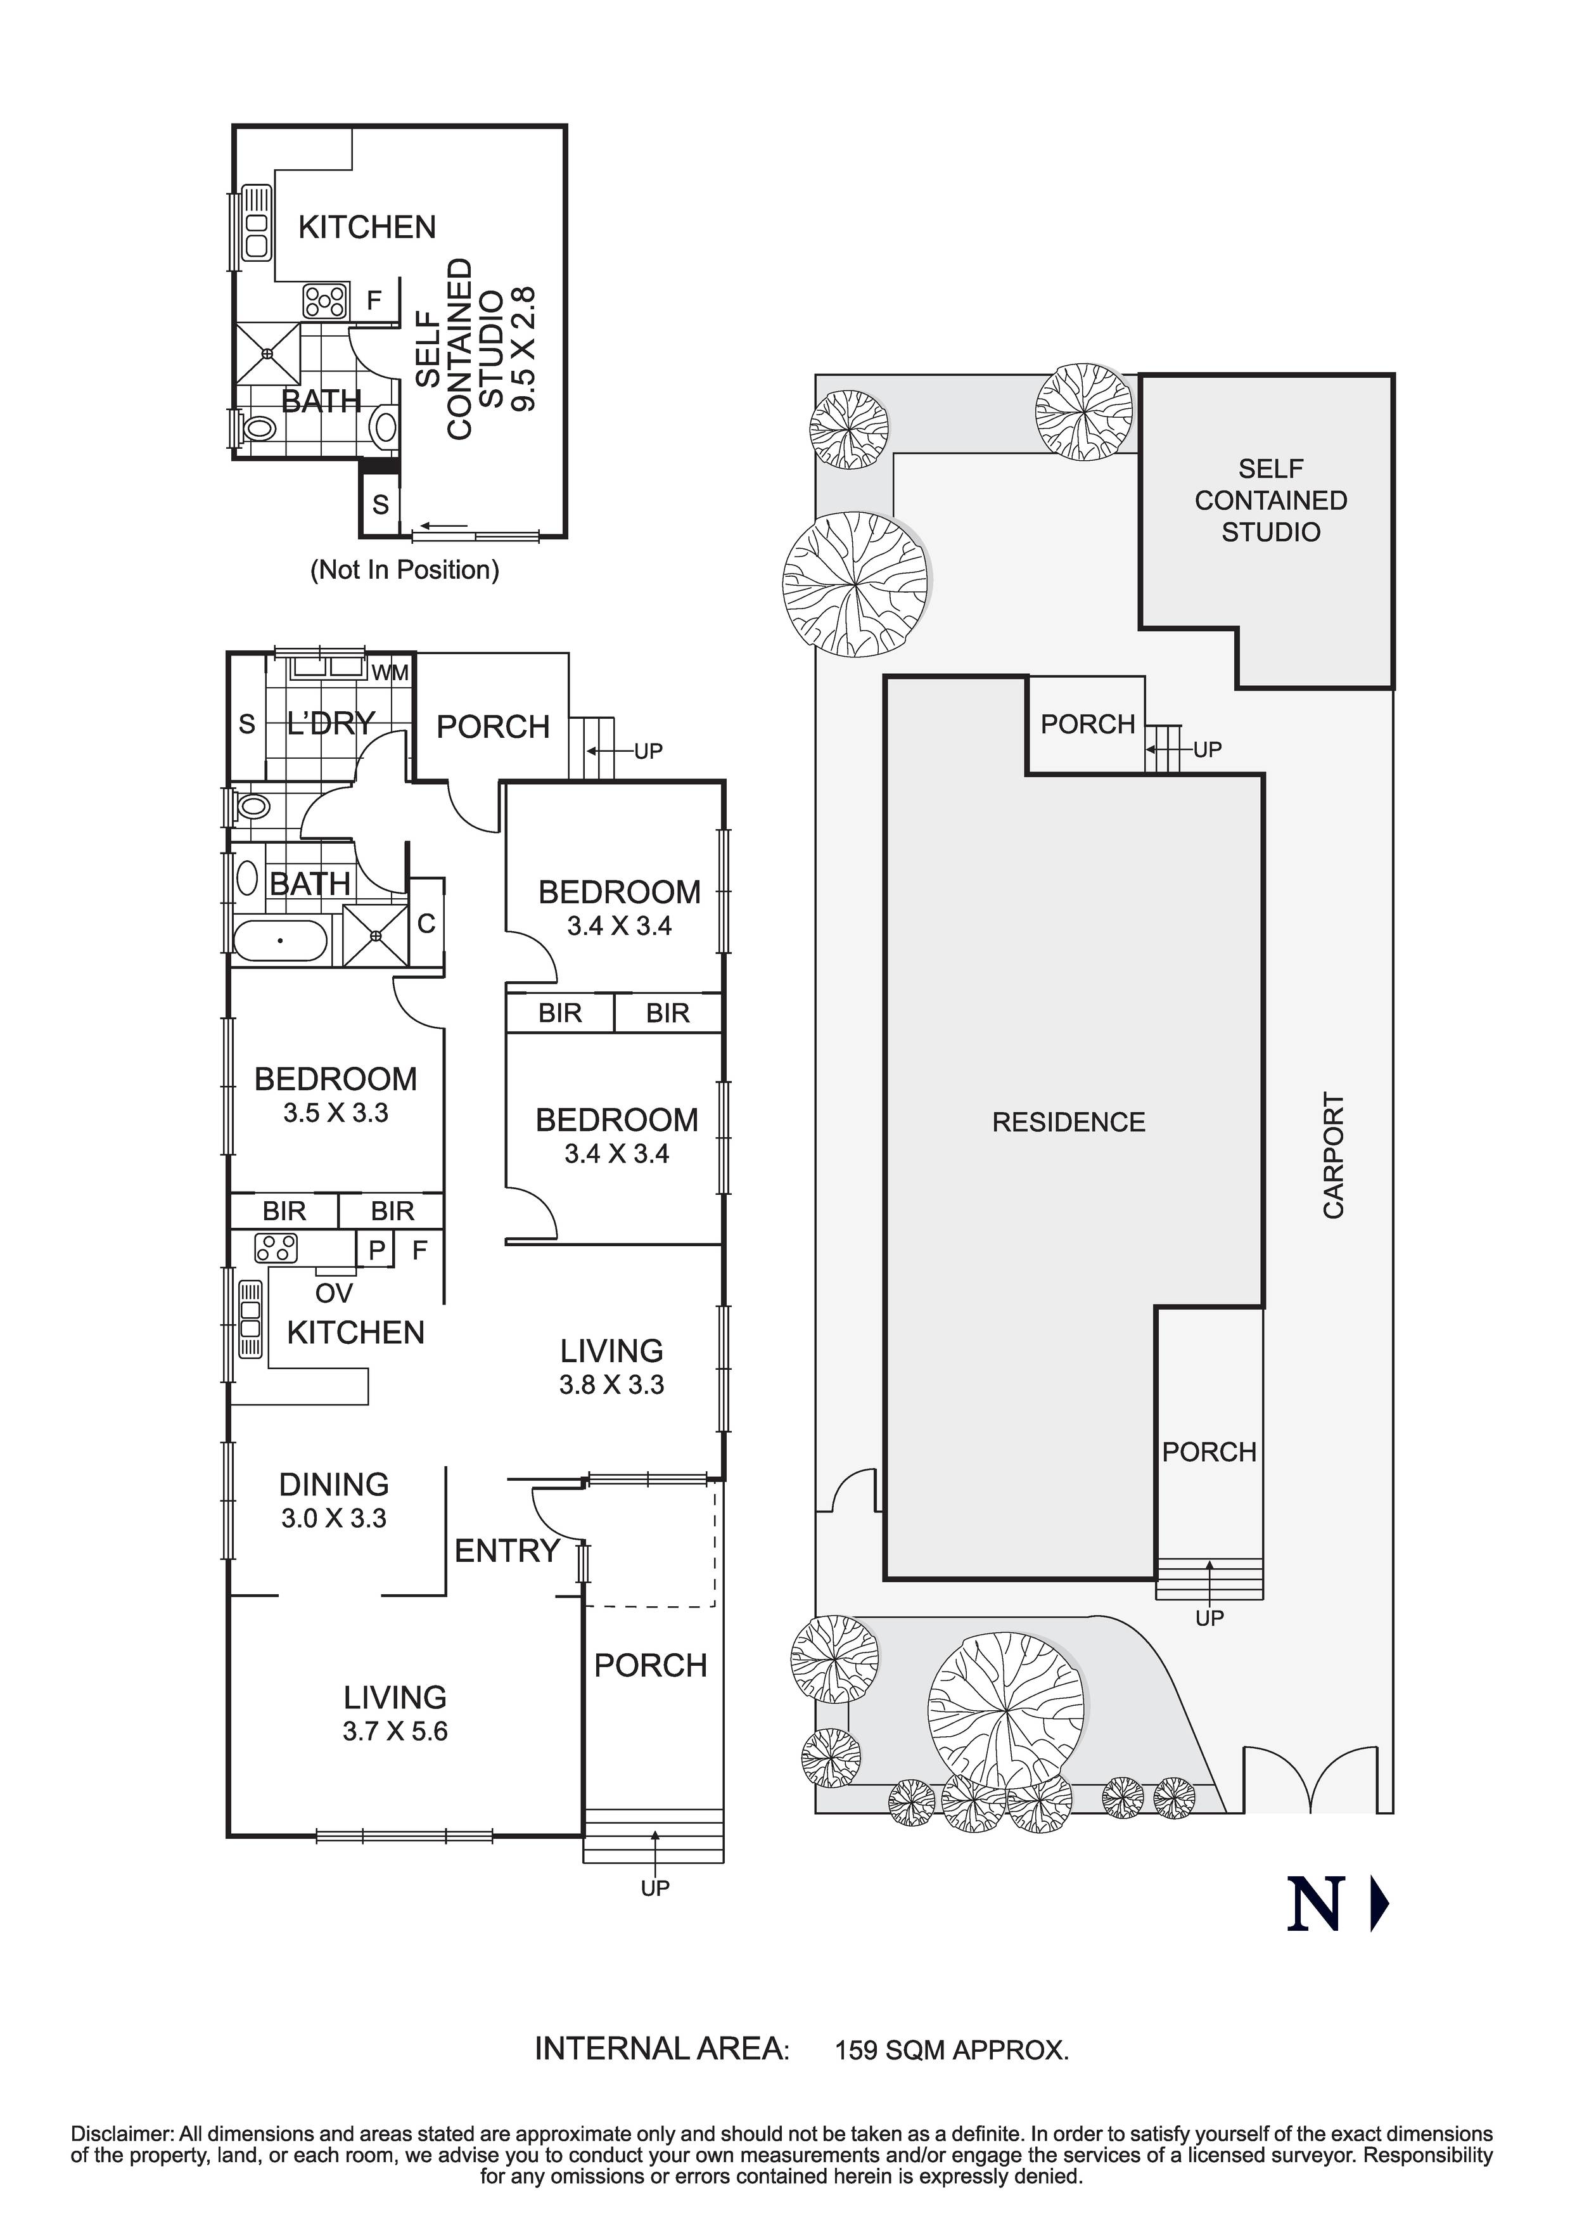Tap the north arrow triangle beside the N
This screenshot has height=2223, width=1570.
coord(1381,1904)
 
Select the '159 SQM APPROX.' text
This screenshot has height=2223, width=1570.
coord(952,2050)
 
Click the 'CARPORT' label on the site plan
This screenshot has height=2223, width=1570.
coord(1334,1156)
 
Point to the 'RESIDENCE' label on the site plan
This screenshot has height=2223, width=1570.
coord(1069,1122)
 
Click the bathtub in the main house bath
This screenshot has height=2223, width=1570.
coord(281,940)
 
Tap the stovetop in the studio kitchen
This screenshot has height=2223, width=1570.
coord(325,301)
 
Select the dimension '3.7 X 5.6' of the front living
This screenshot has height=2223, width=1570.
coord(395,1731)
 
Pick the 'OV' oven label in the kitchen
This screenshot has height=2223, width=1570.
coord(334,1292)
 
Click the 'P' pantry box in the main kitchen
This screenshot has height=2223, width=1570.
coord(376,1250)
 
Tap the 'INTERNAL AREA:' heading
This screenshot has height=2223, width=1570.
coord(662,2049)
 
